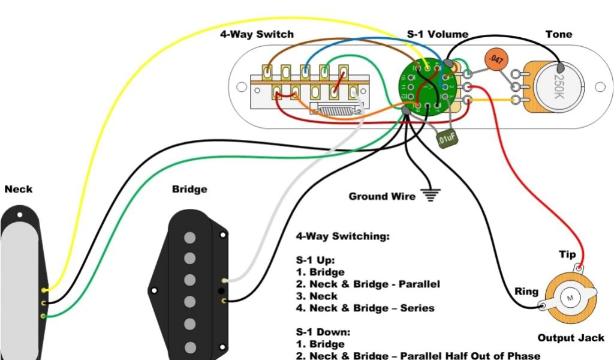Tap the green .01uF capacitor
tap(447, 138)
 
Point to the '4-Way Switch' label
tap(257, 34)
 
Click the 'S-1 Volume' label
tap(438, 34)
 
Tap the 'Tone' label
tap(558, 34)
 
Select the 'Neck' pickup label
tap(19, 189)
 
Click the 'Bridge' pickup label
tap(189, 189)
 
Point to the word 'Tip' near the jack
tap(567, 254)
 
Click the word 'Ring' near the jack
tap(526, 292)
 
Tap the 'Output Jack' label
tap(571, 338)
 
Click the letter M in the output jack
tap(570, 298)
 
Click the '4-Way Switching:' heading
tap(343, 236)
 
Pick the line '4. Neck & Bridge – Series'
tap(365, 308)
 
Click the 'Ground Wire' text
tap(381, 196)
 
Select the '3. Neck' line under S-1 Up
tap(317, 296)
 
